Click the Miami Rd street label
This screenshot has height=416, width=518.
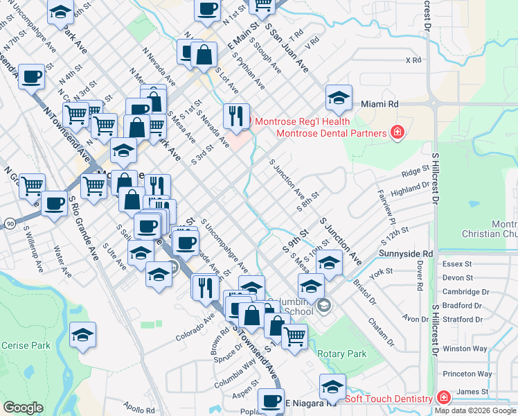click(x=379, y=103)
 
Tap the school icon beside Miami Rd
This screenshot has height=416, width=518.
click(x=339, y=98)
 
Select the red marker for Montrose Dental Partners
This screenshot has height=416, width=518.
click(x=397, y=132)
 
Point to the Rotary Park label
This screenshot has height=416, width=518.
click(x=341, y=354)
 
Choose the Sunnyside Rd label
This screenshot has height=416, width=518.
click(x=406, y=254)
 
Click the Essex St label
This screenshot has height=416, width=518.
click(x=456, y=264)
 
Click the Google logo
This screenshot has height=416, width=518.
click(x=24, y=408)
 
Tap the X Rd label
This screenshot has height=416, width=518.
click(x=413, y=60)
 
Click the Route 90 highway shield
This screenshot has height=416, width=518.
click(x=9, y=224)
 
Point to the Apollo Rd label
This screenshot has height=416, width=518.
click(x=141, y=410)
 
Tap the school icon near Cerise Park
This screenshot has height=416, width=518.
click(x=82, y=336)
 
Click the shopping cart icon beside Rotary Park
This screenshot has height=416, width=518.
click(x=295, y=338)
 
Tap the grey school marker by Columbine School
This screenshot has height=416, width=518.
click(x=323, y=305)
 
